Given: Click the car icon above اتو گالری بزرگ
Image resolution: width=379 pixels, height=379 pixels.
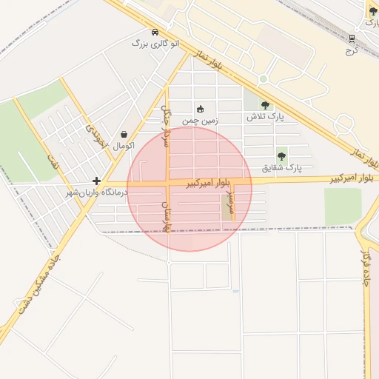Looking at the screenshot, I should click(x=155, y=33).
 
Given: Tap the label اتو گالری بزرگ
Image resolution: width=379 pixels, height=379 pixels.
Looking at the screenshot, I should click(x=155, y=44).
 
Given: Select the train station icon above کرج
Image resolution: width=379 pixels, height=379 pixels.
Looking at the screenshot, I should click(x=352, y=39).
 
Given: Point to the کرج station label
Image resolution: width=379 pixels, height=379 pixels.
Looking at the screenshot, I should click(x=352, y=50).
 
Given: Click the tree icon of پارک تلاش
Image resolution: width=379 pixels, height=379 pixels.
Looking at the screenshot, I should click(x=265, y=106).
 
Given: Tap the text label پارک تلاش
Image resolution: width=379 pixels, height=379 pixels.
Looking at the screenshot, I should click(x=264, y=118).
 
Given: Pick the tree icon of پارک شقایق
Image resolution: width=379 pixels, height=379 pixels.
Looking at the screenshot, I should click(x=281, y=156).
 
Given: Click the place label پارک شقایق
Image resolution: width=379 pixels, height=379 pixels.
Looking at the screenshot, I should click(x=283, y=168).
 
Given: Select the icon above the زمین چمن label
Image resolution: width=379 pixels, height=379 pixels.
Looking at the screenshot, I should click(x=199, y=108).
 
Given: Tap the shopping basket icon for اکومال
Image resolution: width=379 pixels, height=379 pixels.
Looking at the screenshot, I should click(x=123, y=135).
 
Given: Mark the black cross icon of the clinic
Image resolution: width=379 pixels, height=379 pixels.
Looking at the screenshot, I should click(x=96, y=181).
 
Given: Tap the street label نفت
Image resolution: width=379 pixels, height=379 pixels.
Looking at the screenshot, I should click(x=52, y=161).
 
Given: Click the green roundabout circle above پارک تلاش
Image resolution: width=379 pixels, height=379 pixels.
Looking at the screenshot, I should click(x=263, y=79).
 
